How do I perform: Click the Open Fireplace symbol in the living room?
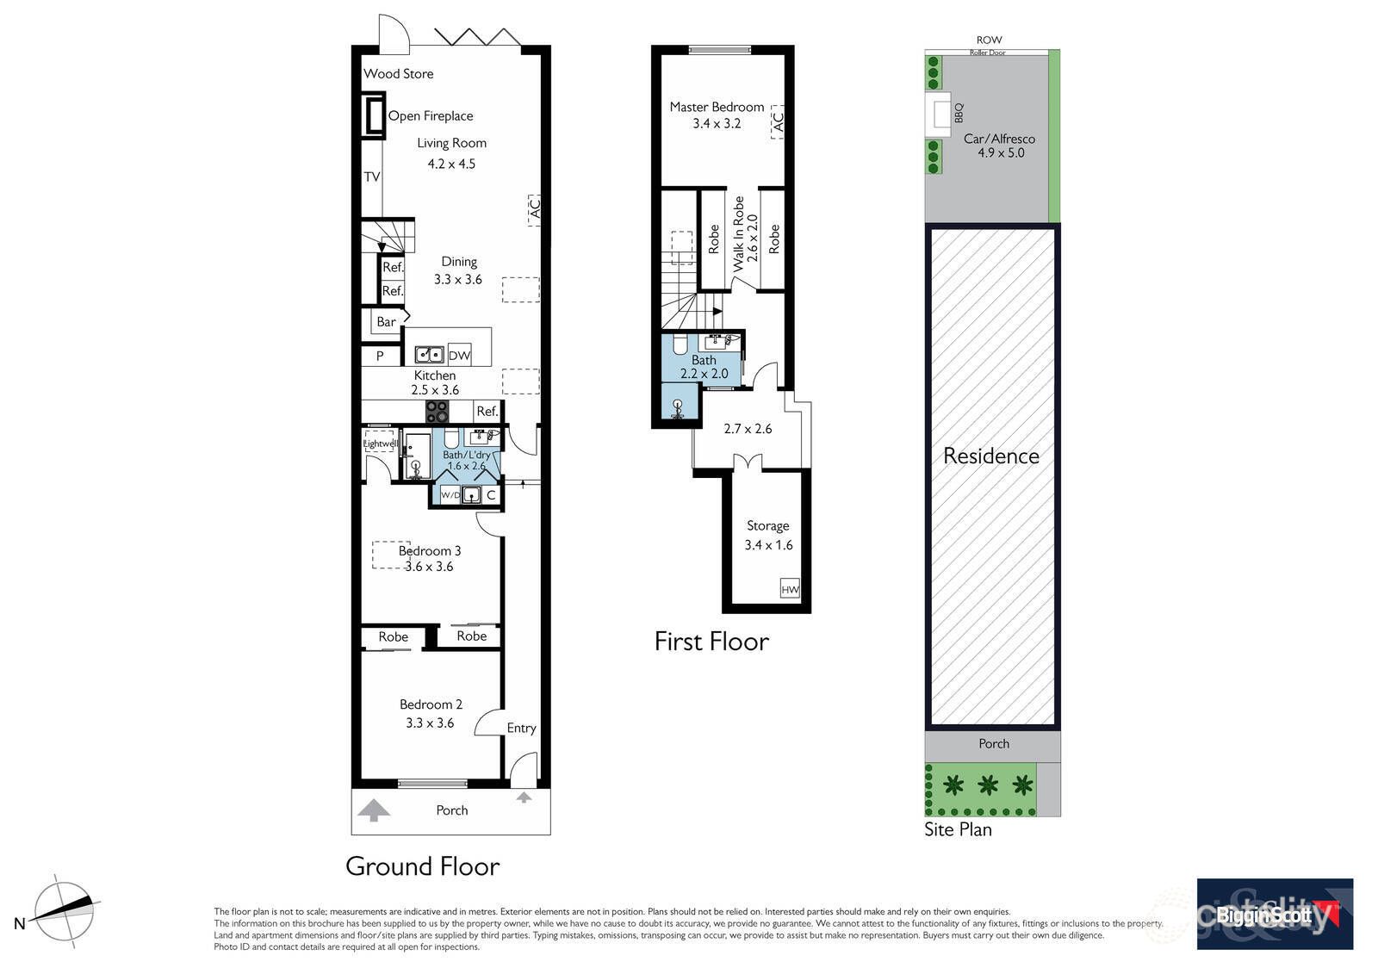373,115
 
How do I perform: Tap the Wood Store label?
398,74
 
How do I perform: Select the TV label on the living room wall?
371,177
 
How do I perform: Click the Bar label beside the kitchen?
386,322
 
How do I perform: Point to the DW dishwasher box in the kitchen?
460,355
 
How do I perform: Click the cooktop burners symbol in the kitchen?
438,411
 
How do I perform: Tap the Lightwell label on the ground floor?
380,444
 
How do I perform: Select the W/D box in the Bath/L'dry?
450,495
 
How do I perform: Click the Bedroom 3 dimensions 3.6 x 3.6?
429,567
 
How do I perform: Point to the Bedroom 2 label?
431,704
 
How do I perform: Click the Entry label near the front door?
521,728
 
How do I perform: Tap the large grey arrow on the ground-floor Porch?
373,810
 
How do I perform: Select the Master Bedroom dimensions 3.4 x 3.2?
717,124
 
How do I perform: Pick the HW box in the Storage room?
790,590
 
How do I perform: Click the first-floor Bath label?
704,360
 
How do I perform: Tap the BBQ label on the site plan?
959,113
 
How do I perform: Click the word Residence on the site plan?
990,456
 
